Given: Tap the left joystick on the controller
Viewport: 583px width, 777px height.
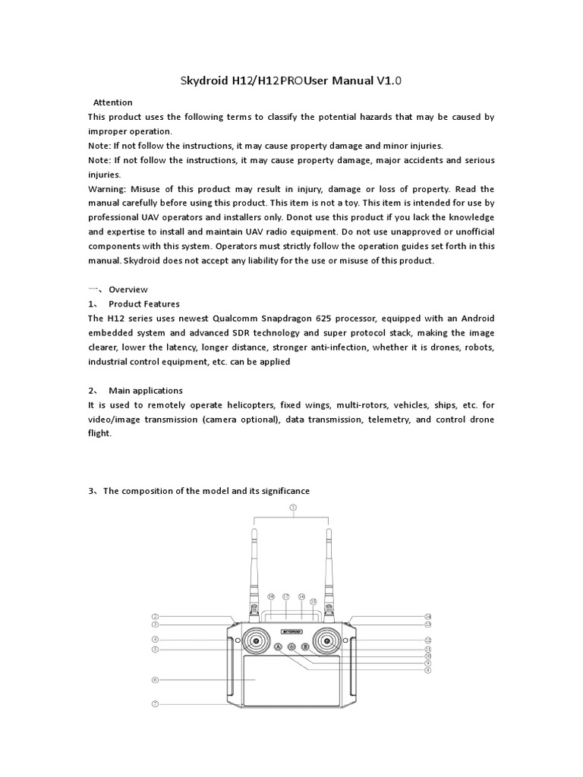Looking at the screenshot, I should [257, 642].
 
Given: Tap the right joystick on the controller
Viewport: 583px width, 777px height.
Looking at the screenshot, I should [327, 642].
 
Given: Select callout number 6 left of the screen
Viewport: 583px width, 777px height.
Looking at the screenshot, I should [155, 681].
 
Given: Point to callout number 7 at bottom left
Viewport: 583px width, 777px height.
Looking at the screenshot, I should [155, 703].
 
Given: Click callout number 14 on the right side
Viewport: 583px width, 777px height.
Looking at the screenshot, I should [428, 616].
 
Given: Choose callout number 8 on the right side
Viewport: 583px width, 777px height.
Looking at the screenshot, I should [428, 670].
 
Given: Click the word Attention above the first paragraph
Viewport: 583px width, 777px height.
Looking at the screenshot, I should [112, 102].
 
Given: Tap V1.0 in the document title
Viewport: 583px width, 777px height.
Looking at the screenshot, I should [393, 80].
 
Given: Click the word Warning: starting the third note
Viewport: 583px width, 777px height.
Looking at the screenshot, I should [107, 189].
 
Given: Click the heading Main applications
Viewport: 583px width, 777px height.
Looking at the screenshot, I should [146, 391].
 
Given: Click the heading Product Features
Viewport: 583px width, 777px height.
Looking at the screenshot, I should [144, 304].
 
